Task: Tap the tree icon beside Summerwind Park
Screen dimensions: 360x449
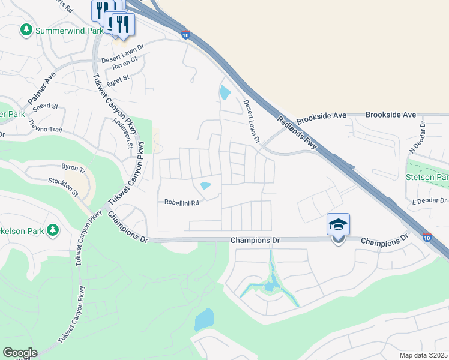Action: tap(26, 29)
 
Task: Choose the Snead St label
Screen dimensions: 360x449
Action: tap(46, 106)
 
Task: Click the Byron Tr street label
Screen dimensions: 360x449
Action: tap(74, 166)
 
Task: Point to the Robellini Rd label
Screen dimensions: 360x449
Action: tap(181, 202)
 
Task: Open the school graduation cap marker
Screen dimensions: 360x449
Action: tap(338, 225)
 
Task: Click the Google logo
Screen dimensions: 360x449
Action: tap(19, 353)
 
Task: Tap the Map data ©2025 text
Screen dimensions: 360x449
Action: tap(424, 355)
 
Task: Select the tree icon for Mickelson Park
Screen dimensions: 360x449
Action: tap(53, 229)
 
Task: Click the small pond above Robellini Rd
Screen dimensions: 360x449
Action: tap(205, 186)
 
